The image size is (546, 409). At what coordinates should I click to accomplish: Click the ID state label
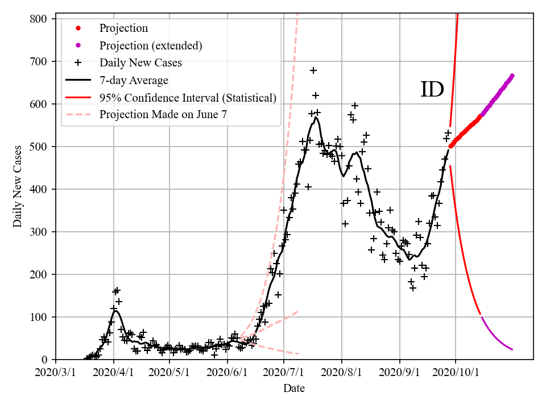[432, 90]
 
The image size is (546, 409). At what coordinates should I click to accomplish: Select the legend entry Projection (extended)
[151, 45]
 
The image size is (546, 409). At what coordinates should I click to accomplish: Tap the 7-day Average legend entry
[134, 80]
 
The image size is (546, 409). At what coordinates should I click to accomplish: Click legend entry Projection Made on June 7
[163, 115]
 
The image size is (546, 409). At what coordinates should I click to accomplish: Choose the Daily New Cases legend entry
[140, 62]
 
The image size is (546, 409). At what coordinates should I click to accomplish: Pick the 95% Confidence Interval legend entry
[188, 98]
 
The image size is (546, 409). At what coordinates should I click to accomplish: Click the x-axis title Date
[294, 389]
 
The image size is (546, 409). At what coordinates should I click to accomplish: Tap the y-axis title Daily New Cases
[18, 186]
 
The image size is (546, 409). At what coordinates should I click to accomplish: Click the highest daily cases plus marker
[313, 70]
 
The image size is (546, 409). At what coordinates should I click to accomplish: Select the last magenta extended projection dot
[512, 76]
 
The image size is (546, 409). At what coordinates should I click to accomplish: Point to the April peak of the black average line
[115, 311]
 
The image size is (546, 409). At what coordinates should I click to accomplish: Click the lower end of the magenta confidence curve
[512, 349]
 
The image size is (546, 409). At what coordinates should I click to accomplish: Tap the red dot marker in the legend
[78, 28]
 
